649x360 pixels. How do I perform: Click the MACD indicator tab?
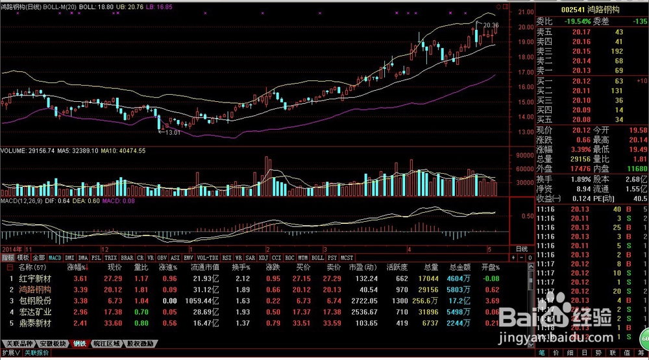55,258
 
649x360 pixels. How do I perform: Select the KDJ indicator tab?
263,258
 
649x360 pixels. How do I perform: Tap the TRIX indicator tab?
111,258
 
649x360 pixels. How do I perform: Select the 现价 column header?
114,267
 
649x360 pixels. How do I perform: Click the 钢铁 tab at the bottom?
79,343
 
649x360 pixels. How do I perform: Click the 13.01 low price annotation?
172,132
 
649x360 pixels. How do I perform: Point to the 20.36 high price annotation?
491,25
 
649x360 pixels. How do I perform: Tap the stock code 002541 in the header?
573,10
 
